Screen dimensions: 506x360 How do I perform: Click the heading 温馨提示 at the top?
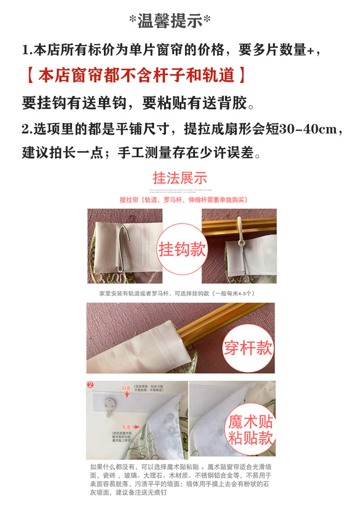click(170, 21)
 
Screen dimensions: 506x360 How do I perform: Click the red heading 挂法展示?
click(180, 177)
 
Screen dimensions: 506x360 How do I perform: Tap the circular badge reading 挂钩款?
click(182, 249)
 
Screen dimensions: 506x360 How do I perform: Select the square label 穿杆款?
click(248, 348)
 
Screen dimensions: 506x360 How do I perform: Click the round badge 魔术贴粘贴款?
click(251, 429)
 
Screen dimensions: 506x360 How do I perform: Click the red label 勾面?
click(126, 388)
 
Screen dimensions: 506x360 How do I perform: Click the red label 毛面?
click(126, 427)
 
